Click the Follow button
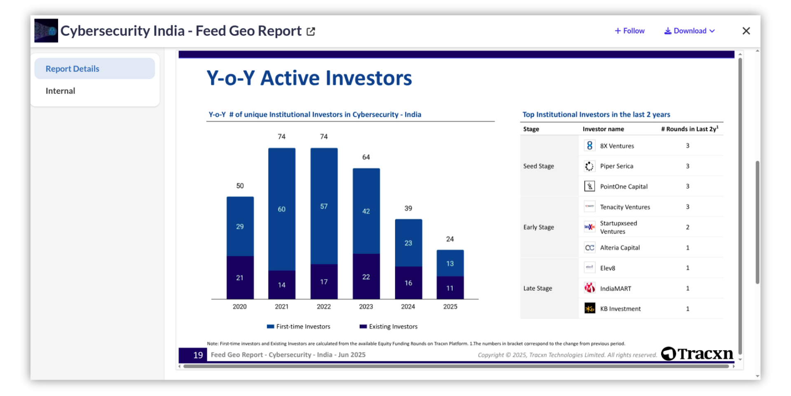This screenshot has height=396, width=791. [x=630, y=31]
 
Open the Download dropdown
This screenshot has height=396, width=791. [x=689, y=31]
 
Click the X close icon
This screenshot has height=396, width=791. [x=746, y=31]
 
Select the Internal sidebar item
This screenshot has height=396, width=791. [x=61, y=91]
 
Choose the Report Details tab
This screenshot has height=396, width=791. [x=73, y=69]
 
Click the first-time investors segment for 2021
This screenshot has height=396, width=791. [x=281, y=209]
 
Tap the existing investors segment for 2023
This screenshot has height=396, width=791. [x=366, y=276]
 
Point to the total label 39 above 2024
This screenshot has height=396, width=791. [x=408, y=208]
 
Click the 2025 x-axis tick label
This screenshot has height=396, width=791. [x=450, y=306]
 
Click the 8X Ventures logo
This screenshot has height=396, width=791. [x=590, y=146]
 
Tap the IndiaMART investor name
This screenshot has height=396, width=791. [x=615, y=288]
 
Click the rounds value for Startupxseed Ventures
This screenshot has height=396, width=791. [x=688, y=227]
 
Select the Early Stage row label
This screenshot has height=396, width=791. [x=538, y=227]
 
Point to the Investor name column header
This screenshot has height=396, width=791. [x=603, y=129]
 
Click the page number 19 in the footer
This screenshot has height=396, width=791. [x=198, y=355]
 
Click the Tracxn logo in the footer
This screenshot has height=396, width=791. [x=697, y=354]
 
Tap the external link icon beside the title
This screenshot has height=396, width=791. [x=311, y=31]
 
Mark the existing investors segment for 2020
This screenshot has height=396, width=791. [x=240, y=278]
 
